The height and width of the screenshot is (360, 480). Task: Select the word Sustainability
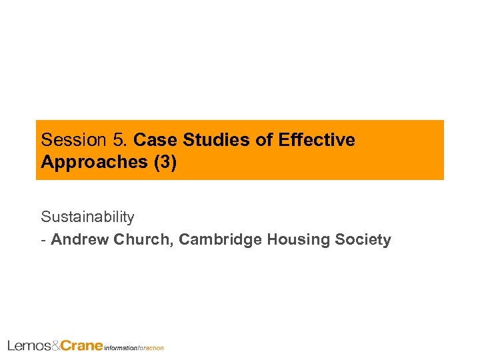(87, 217)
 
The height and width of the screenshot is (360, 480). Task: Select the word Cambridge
(220, 239)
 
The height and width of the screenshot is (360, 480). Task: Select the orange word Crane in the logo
(82, 345)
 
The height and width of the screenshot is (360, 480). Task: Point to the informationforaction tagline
(134, 347)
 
